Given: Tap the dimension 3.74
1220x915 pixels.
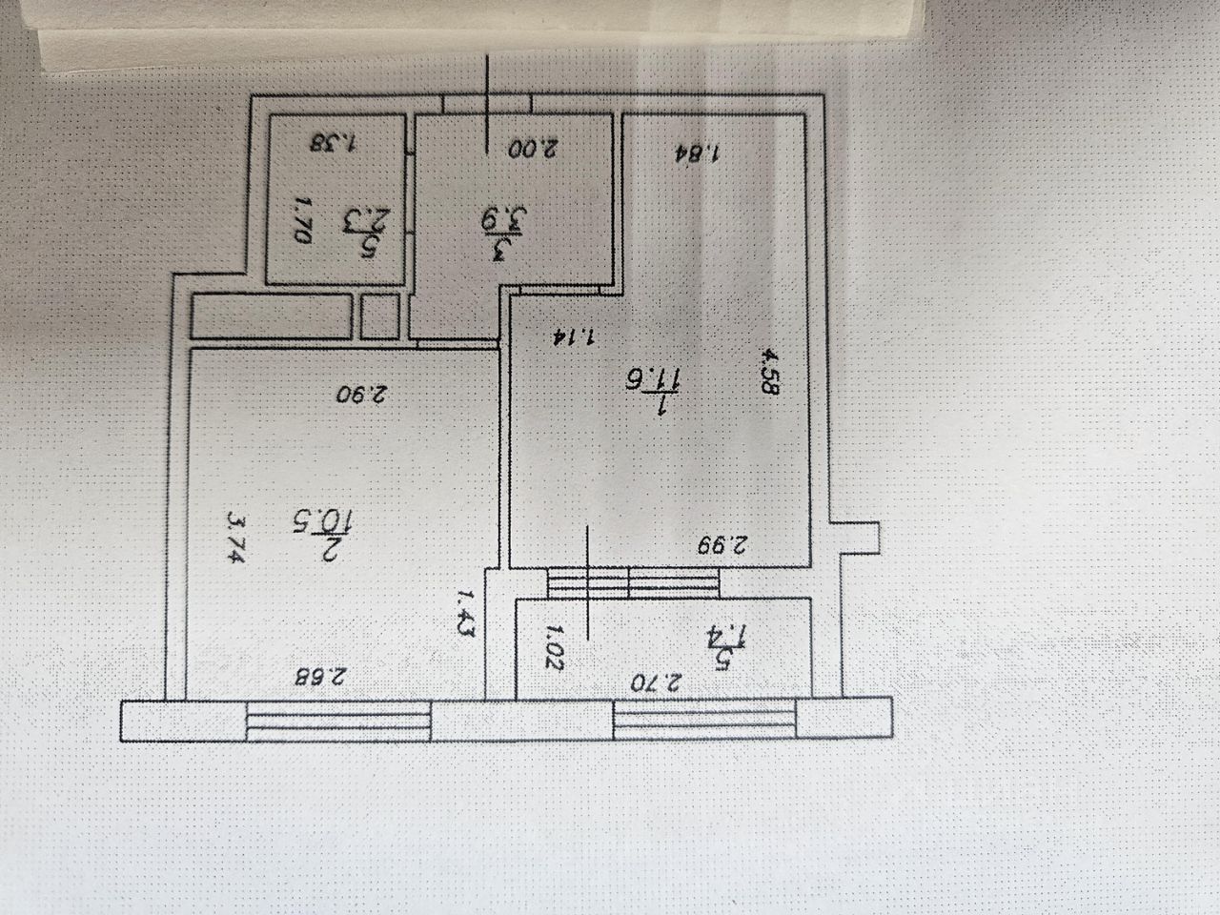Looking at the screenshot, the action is [x=234, y=539].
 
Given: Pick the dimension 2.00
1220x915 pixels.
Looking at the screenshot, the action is [x=532, y=149].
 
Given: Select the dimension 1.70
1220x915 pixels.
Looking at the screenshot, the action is [x=299, y=222].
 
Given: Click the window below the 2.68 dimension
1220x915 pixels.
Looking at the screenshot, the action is [x=338, y=721].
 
